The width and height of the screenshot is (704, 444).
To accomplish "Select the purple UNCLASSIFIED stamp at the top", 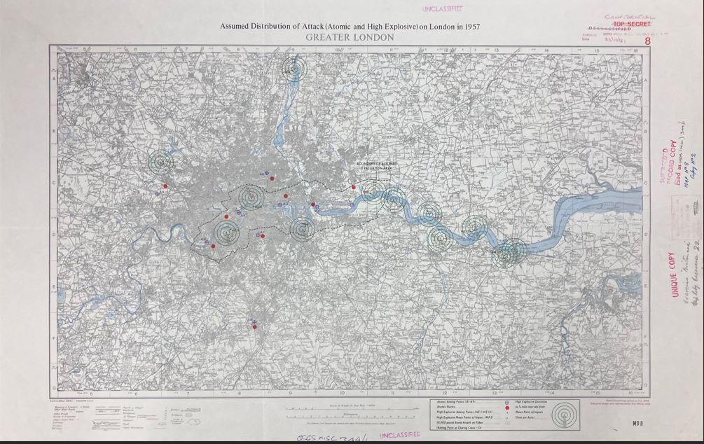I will [446, 10].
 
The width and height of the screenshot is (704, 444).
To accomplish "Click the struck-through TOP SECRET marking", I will [632, 24].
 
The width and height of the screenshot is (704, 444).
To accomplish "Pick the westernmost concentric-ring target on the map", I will [160, 162].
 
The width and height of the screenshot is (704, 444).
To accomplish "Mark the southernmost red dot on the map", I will [255, 327].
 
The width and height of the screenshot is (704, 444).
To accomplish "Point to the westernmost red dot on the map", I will [165, 186].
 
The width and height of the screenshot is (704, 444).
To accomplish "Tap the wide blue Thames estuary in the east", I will [595, 210].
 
